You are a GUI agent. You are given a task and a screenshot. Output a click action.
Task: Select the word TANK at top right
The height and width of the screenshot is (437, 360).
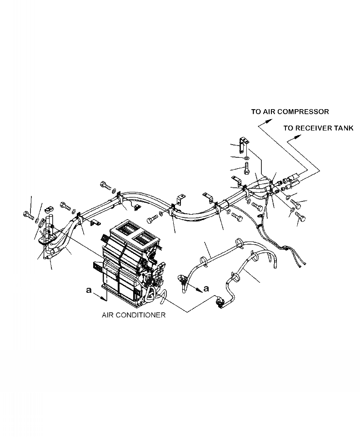pyautogui.click(x=344, y=128)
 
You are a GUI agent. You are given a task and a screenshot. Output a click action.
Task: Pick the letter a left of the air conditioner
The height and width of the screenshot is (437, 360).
pyautogui.click(x=89, y=290)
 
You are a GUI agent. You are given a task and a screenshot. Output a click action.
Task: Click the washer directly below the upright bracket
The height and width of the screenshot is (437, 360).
pyautogui.click(x=246, y=158)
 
